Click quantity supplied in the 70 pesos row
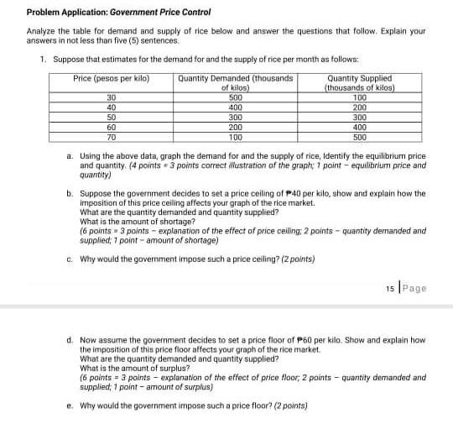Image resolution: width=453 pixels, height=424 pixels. pyautogui.click(x=359, y=135)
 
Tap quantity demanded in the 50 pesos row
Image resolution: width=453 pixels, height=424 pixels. pyautogui.click(x=235, y=117)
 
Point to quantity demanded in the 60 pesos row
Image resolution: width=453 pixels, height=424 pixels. pyautogui.click(x=235, y=126)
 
